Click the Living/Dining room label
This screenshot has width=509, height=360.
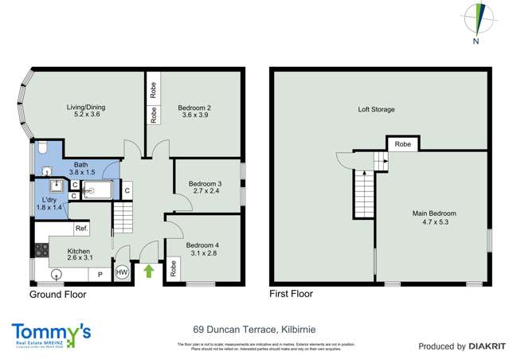pyautogui.click(x=84, y=108)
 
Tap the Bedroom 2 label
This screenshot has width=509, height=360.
pyautogui.click(x=194, y=108)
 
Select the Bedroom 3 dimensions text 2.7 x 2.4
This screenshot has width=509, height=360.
pyautogui.click(x=205, y=192)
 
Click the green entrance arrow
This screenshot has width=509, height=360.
pyautogui.click(x=148, y=271)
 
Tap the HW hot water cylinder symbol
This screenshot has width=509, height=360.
pyautogui.click(x=122, y=272)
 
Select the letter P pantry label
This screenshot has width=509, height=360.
pyautogui.click(x=100, y=275)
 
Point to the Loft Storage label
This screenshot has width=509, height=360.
pyautogui.click(x=376, y=109)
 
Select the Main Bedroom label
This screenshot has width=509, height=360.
pyautogui.click(x=434, y=213)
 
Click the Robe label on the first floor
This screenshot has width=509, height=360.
pyautogui.click(x=403, y=145)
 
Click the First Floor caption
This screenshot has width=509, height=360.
pyautogui.click(x=291, y=294)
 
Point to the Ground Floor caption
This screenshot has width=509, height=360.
pyautogui.click(x=57, y=294)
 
